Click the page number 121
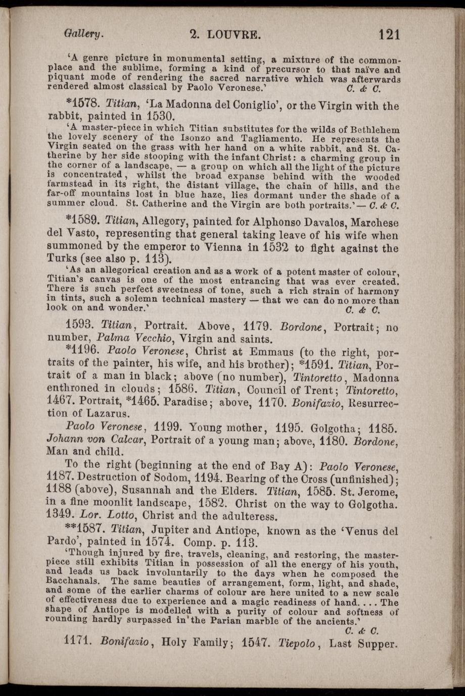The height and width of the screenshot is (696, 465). click(389, 34)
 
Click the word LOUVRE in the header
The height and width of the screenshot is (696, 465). click(234, 35)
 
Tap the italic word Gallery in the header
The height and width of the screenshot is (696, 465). click(84, 34)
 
